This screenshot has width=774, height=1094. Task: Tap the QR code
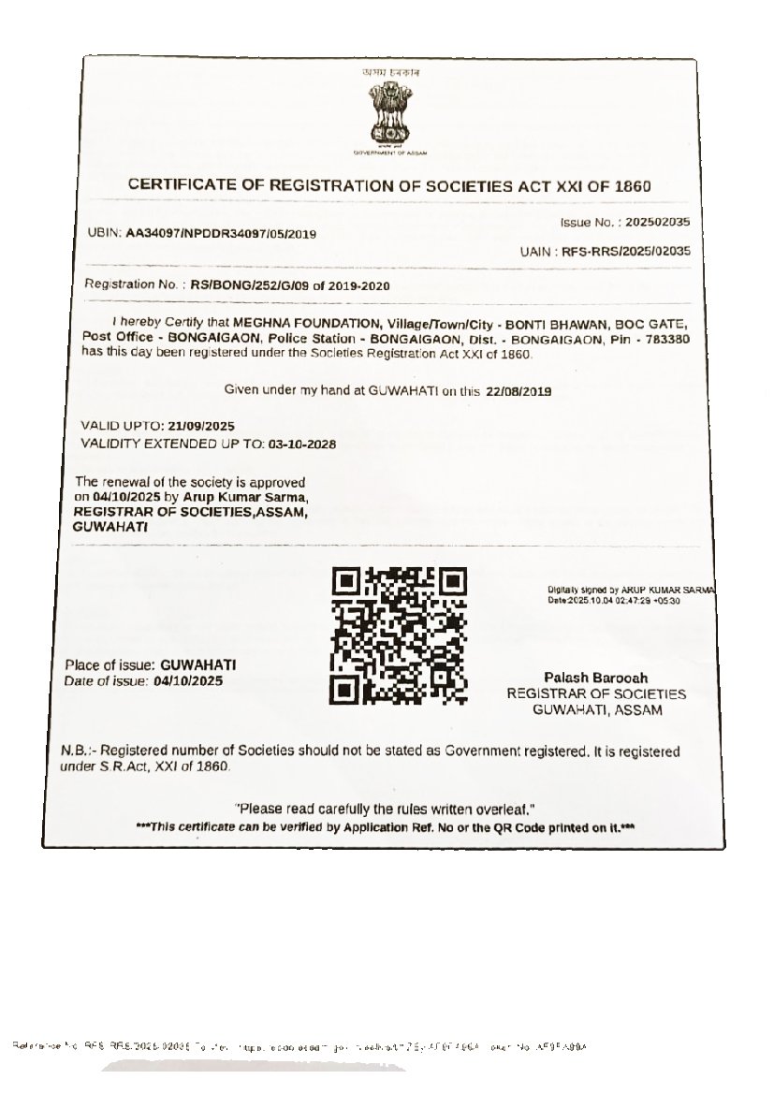(399, 635)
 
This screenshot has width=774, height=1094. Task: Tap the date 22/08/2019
(518, 392)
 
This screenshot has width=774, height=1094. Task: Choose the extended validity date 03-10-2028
(301, 444)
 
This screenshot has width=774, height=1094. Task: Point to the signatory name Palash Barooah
(595, 678)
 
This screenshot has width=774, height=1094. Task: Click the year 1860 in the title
(633, 186)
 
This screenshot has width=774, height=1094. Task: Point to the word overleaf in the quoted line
(504, 809)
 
